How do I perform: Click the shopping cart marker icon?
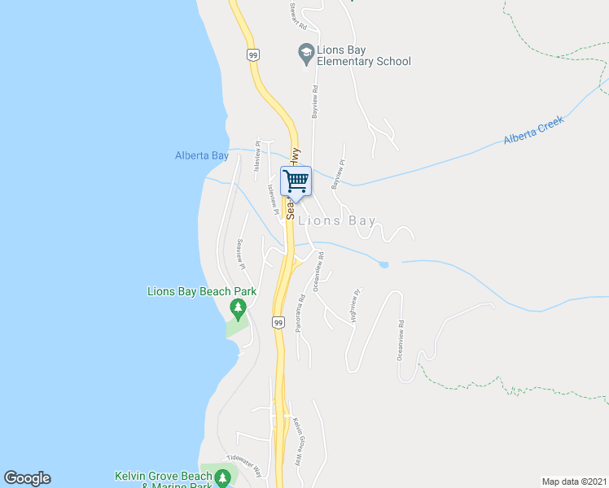tap(296, 180)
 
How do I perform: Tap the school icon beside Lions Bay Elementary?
tap(306, 54)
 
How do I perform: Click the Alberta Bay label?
tap(201, 155)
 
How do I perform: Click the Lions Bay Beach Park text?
tap(201, 291)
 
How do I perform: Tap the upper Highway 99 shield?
tap(253, 54)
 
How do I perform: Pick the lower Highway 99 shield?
tap(278, 323)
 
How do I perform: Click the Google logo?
tap(27, 478)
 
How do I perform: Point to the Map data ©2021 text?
tap(575, 481)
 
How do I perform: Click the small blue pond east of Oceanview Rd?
tap(383, 264)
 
